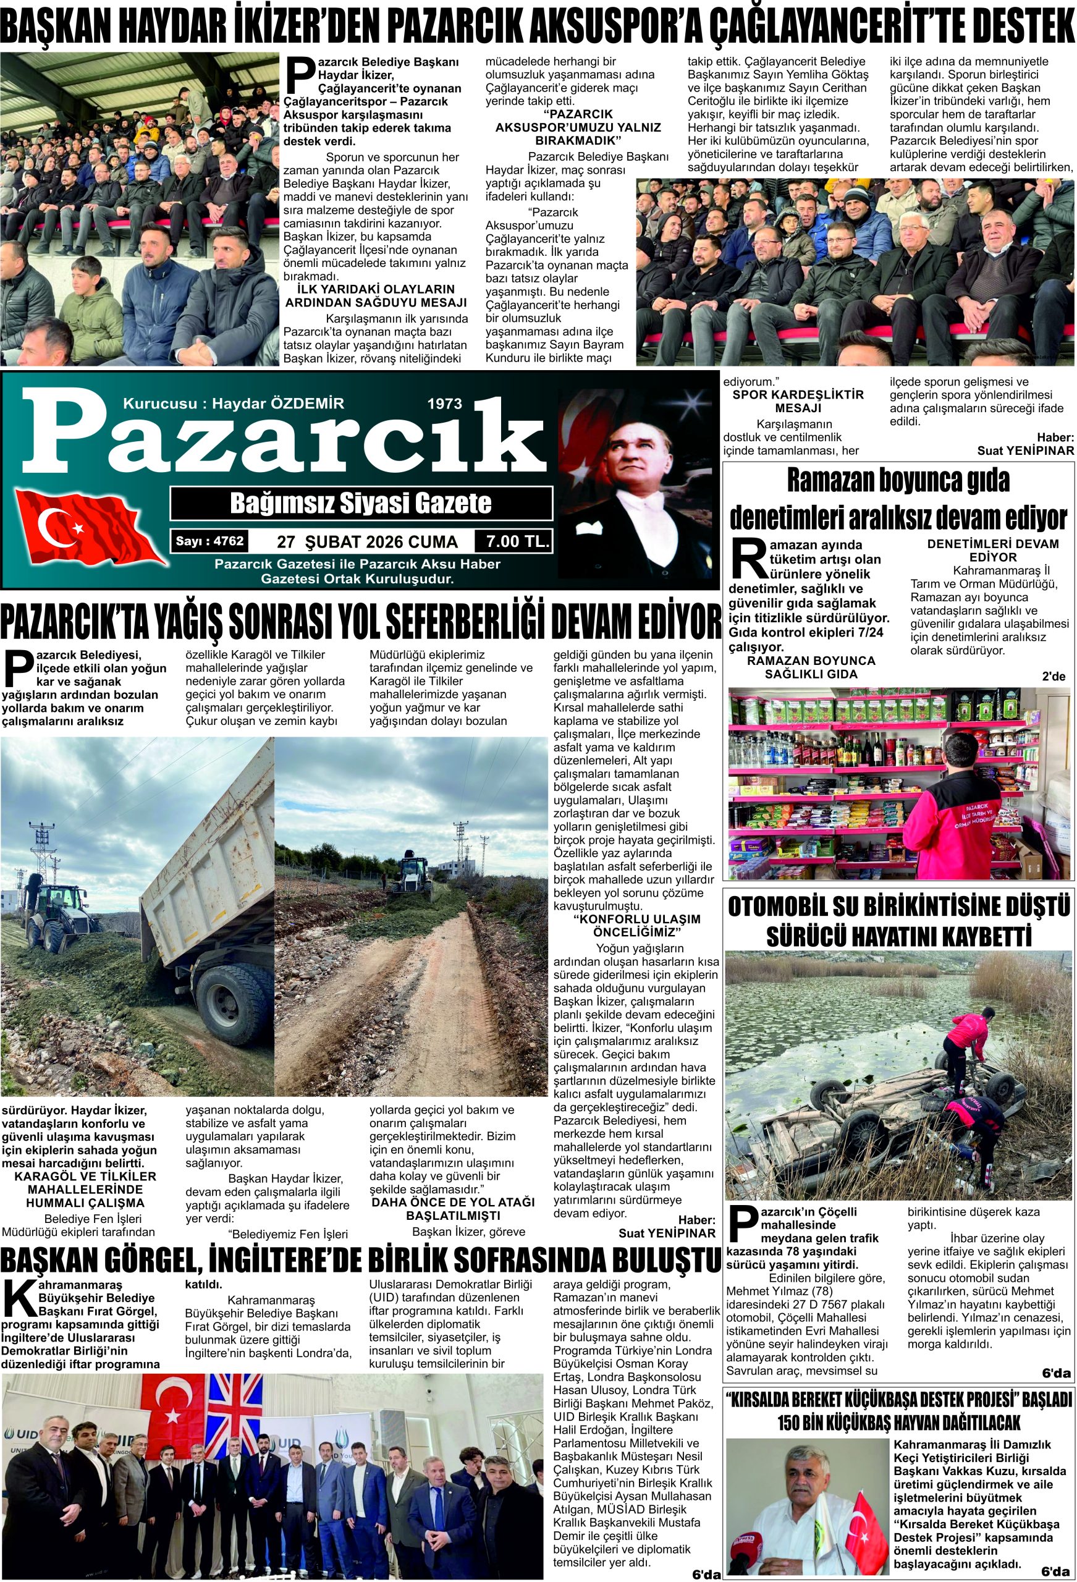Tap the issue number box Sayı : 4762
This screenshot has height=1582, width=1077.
[209, 542]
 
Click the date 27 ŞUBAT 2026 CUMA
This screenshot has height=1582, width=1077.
[367, 542]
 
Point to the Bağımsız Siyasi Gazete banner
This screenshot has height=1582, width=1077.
[361, 503]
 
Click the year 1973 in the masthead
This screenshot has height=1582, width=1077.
[444, 404]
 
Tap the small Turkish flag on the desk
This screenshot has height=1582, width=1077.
[861, 1511]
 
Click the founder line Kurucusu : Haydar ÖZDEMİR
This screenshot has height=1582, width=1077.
[234, 403]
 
